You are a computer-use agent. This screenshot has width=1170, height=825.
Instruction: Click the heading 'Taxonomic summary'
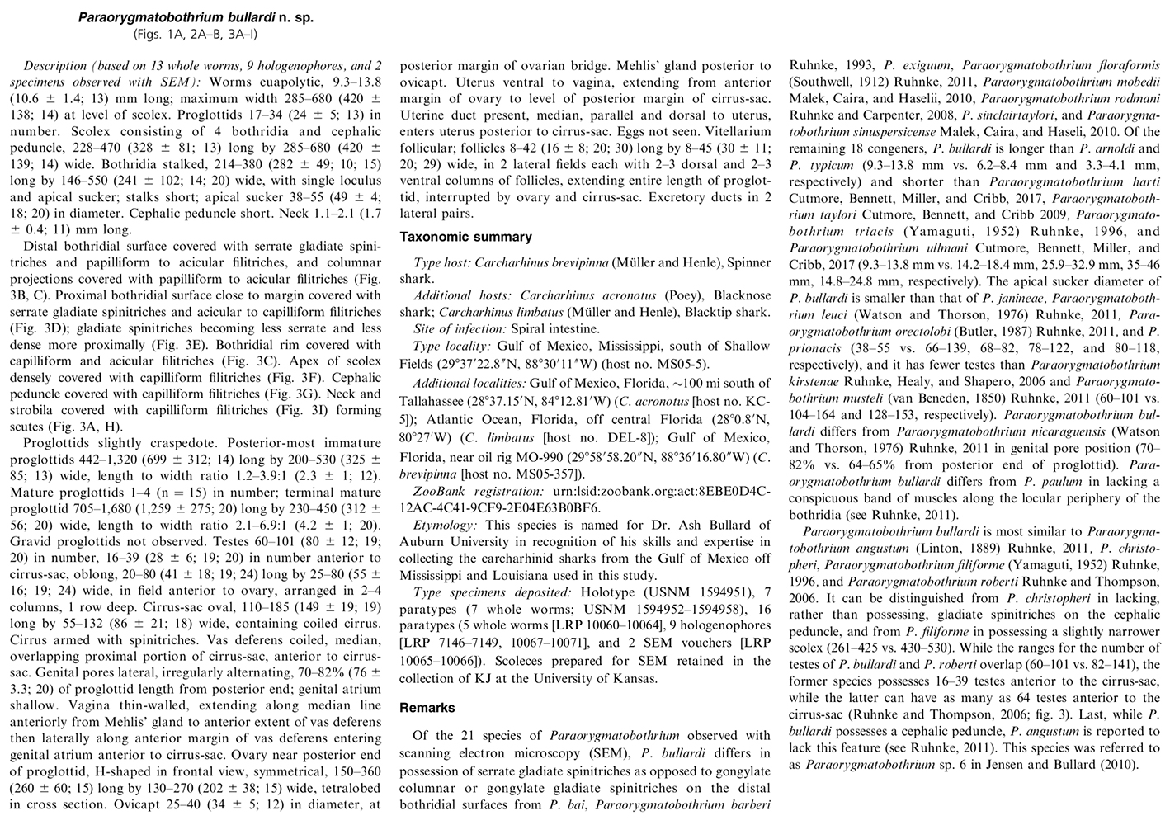(x=465, y=237)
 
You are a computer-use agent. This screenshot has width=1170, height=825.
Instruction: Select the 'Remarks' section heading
(x=427, y=707)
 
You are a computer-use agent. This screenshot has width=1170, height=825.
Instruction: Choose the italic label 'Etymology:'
(x=445, y=525)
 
